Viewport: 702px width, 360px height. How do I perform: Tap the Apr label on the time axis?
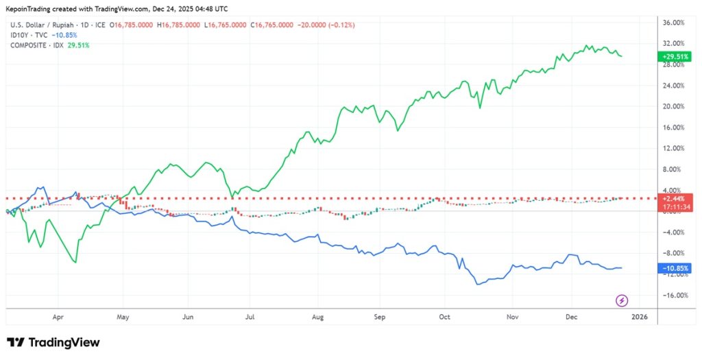tap(58, 317)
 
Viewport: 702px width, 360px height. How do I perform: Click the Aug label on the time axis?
tap(317, 317)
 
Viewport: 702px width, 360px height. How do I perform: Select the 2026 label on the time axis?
tap(638, 317)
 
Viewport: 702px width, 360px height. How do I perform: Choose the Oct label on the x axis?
tap(445, 317)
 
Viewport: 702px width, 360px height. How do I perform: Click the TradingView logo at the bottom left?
tap(53, 342)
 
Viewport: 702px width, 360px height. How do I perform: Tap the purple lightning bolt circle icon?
tap(622, 300)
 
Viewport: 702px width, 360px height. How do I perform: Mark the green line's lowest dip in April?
tap(75, 262)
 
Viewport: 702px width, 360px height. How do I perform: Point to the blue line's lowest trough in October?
tap(477, 284)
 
